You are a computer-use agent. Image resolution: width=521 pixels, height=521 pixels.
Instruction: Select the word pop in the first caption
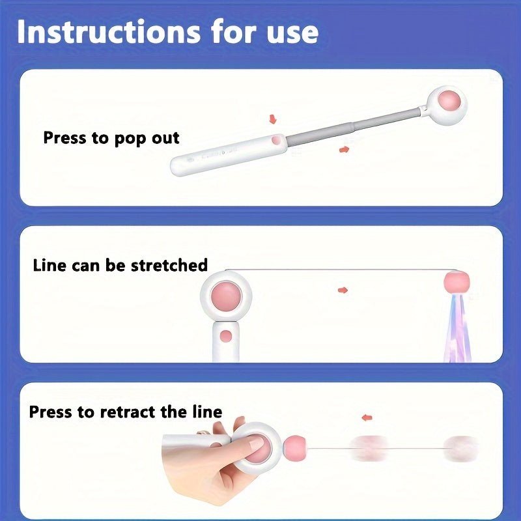point(128,138)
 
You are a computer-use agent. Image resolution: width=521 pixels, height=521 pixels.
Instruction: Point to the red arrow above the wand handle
point(272,119)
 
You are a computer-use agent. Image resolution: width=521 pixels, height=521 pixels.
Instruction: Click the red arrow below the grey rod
point(343,149)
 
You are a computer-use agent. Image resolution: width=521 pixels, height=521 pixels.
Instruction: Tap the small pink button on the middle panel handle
point(225,336)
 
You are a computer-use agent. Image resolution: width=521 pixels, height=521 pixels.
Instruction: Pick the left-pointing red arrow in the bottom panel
point(369,417)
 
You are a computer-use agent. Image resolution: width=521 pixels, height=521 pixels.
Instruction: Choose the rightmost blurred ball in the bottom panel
point(459,447)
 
